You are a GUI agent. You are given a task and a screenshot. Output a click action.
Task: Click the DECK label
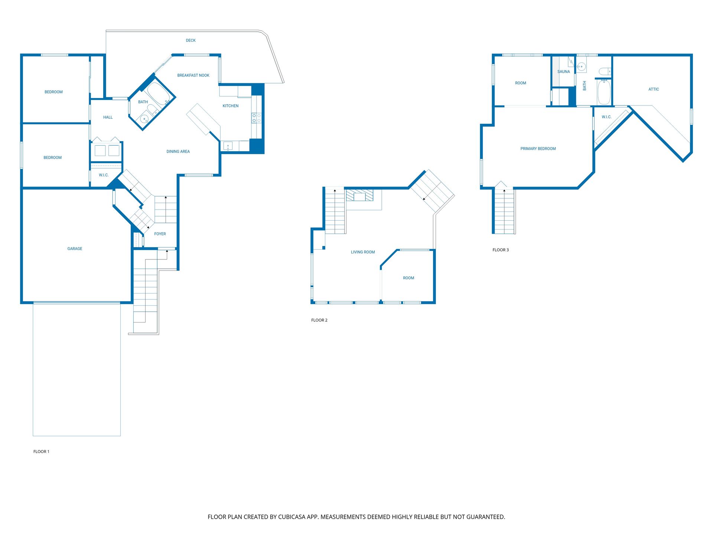click(x=191, y=40)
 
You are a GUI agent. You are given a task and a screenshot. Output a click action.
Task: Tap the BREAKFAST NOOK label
click(x=193, y=75)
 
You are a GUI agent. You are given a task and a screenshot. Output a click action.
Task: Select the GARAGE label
click(x=75, y=249)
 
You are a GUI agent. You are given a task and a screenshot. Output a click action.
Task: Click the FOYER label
click(x=160, y=234)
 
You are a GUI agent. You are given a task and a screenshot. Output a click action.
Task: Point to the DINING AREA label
click(x=178, y=152)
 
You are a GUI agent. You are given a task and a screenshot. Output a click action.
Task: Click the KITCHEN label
click(x=230, y=106)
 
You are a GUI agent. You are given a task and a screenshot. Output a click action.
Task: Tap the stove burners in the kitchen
click(x=256, y=118)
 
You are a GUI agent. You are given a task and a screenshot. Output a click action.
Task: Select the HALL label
click(x=108, y=117)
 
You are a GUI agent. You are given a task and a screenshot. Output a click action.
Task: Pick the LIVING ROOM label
click(x=363, y=252)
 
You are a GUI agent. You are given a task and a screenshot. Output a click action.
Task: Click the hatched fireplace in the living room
click(x=359, y=195)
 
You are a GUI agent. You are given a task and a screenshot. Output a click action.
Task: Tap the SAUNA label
click(x=563, y=72)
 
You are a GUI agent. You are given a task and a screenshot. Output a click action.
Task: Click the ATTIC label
click(x=654, y=89)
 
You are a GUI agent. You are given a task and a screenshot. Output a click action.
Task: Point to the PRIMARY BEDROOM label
click(x=538, y=149)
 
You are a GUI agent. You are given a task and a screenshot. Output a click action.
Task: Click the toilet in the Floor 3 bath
click(x=605, y=71)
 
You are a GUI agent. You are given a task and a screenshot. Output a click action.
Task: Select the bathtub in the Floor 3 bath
click(x=604, y=93)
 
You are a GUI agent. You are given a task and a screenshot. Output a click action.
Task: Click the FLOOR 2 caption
click(x=319, y=320)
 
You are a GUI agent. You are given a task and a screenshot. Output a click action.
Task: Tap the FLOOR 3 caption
click(x=501, y=250)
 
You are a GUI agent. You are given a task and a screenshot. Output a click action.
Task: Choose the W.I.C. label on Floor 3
click(x=606, y=117)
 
